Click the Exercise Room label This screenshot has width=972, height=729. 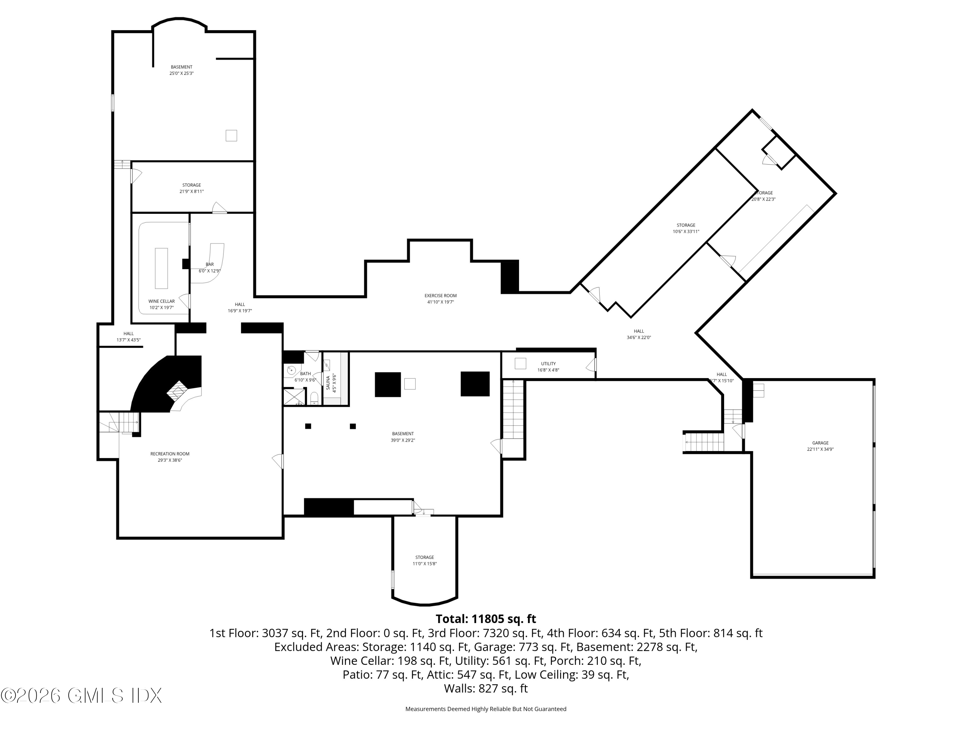point(440,296)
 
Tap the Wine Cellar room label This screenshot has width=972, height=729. point(161,301)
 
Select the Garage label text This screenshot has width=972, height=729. point(820,443)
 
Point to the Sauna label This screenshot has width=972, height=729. point(328,383)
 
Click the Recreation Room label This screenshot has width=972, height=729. point(170,454)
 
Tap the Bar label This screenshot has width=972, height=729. point(210,264)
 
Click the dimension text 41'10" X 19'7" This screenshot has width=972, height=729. point(440,302)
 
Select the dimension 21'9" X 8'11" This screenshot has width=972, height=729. point(191,191)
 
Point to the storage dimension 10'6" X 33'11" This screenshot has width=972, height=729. point(686,231)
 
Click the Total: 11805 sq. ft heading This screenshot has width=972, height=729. point(486,619)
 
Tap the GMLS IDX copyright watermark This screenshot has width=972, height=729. point(81,695)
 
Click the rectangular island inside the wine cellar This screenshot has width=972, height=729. point(161,268)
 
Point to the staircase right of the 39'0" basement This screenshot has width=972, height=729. point(513,410)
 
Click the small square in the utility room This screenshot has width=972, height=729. point(520,364)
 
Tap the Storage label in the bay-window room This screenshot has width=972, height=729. point(424,557)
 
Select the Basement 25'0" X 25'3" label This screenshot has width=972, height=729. point(181,70)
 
